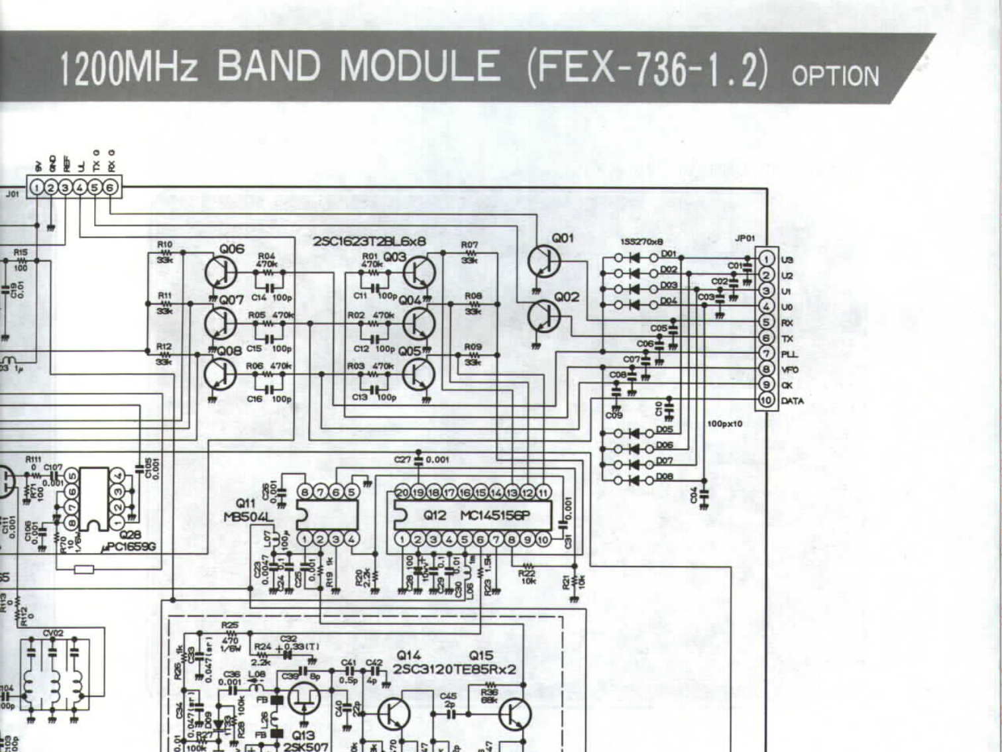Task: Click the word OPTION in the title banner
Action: click(835, 76)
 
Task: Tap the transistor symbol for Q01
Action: click(544, 261)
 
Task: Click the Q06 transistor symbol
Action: click(221, 272)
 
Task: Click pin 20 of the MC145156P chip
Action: click(402, 492)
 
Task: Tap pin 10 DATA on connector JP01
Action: click(766, 400)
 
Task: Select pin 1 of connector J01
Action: click(36, 188)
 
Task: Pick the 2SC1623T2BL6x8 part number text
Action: click(369, 241)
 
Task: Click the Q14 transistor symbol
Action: click(394, 714)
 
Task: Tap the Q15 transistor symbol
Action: click(515, 714)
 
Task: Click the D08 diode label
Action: click(665, 476)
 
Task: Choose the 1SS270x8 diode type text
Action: click(641, 241)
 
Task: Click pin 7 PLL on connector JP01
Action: click(766, 354)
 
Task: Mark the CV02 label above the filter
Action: click(52, 633)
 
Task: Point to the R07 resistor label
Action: click(469, 245)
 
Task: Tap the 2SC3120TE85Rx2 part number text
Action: click(455, 670)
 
